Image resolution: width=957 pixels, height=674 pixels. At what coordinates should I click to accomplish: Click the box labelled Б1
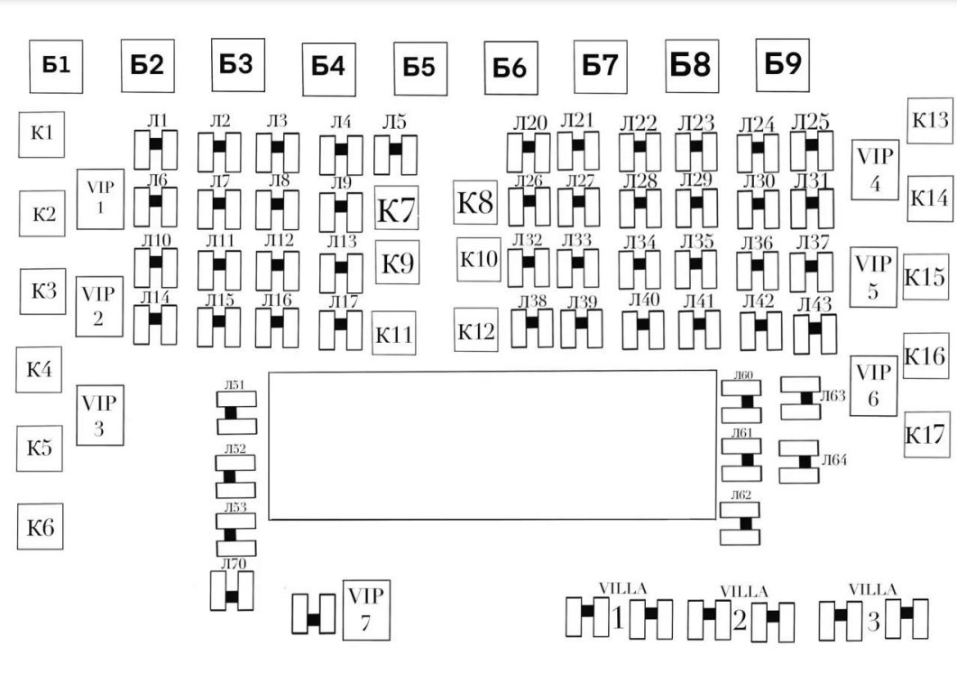[x=56, y=67]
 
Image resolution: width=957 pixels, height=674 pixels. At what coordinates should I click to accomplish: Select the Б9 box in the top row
[x=783, y=65]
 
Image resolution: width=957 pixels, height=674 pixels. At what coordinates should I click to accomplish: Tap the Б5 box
[x=420, y=69]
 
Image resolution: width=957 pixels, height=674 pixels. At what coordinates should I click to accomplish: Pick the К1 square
[x=41, y=134]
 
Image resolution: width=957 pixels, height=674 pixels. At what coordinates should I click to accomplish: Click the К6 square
[x=41, y=526]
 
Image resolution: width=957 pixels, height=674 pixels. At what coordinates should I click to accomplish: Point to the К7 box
[x=397, y=208]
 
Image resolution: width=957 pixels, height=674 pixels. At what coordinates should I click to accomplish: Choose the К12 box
[x=476, y=329]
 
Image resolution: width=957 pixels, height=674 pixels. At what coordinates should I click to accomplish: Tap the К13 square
[x=930, y=121]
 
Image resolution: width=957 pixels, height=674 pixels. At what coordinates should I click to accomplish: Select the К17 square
[x=927, y=435]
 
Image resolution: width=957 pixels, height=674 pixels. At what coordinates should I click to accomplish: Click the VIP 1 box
[x=100, y=199]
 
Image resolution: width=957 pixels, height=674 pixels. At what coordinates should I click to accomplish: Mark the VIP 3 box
[x=100, y=415]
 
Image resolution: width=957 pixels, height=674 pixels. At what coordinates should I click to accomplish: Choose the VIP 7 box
[x=366, y=610]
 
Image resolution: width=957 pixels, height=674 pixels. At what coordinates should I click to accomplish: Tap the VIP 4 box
[x=875, y=170]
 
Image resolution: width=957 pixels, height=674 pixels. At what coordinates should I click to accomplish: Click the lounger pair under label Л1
[x=156, y=150]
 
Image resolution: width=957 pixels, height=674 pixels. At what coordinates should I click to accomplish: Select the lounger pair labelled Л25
[x=812, y=151]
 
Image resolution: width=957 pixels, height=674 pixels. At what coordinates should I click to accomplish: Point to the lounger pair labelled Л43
[x=814, y=334]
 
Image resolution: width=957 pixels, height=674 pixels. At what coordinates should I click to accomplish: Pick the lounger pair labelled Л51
[x=237, y=412]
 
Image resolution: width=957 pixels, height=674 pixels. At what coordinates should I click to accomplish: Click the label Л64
[x=834, y=460]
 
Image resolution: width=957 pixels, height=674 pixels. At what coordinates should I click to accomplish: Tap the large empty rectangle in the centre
[x=492, y=446]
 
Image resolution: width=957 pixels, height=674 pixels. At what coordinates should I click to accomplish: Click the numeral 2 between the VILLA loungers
[x=740, y=621]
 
